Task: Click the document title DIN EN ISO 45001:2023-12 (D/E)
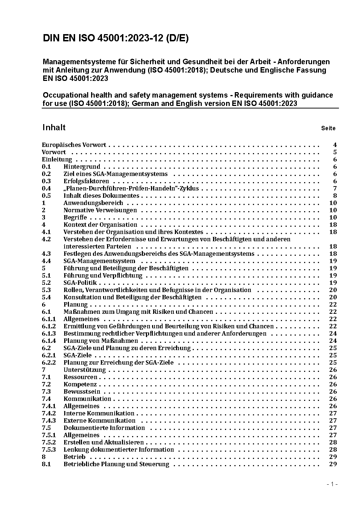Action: pos(116,38)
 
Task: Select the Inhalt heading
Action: pos(54,127)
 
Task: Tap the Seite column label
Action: pos(328,128)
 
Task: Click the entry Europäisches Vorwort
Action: pos(74,145)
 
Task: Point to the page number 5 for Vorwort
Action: pos(335,152)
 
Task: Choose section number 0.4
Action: pos(46,188)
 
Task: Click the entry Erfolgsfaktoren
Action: pos(86,181)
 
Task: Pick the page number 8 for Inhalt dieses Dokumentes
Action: pos(335,196)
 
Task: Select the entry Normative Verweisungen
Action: pos(100,210)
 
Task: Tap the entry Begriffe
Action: pos(75,217)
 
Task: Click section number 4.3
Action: pos(46,254)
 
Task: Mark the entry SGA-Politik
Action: pos(80,283)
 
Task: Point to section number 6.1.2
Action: pos(49,326)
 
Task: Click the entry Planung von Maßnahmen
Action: pos(101,341)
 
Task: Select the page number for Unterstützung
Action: pos(333,370)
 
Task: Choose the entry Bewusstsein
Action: pos(82,391)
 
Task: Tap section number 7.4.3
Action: pos(49,420)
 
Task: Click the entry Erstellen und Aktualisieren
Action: pos(103,442)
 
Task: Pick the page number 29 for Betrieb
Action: pos(333,457)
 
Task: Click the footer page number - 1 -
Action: pos(332,484)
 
